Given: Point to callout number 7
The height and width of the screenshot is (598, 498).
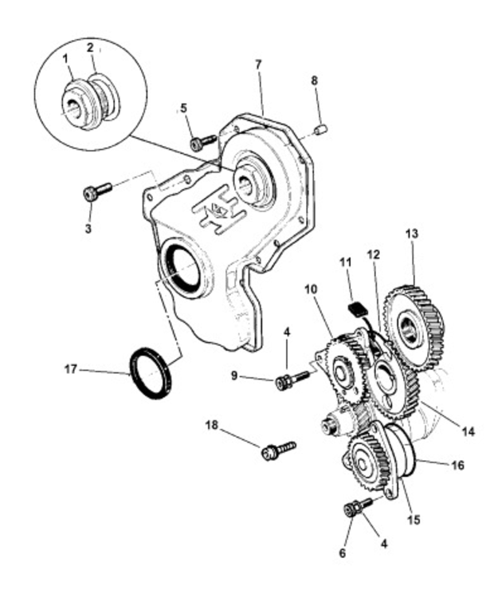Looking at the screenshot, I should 257,65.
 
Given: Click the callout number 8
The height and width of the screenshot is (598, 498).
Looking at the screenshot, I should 314,81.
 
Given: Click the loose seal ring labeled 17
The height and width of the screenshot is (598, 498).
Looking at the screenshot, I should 151,372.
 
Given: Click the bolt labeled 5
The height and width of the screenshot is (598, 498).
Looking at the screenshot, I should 202,143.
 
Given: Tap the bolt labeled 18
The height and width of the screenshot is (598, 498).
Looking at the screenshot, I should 276,450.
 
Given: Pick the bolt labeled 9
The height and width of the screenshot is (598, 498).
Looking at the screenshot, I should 291,381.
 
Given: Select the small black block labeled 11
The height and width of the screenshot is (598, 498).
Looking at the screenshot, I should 358,308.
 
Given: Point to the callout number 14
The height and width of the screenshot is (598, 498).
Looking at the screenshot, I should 468,431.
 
